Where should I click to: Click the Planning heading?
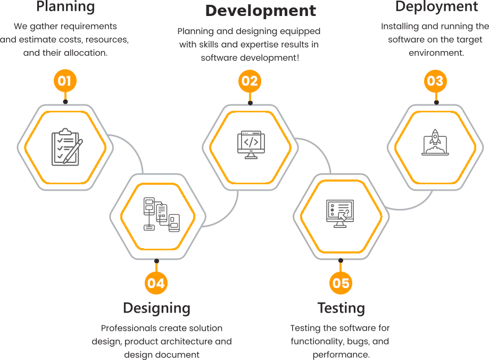pos(65,7)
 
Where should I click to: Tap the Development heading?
pos(261,11)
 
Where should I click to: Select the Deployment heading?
pos(436,7)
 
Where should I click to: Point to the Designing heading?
pos(156,308)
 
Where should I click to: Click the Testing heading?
pos(341,308)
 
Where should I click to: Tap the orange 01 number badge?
pos(65,81)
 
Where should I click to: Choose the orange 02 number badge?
pos(250,81)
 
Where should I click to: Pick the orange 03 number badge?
pos(435,81)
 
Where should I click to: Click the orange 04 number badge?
pos(156,283)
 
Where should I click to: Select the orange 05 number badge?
pos(341,283)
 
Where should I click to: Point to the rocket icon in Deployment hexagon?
pos(435,143)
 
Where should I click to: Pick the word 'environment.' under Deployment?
pos(436,53)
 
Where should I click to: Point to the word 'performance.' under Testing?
pos(341,355)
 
